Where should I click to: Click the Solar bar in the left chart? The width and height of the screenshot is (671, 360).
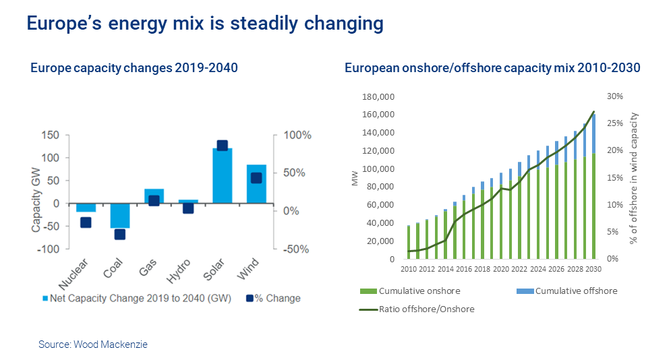point(222,175)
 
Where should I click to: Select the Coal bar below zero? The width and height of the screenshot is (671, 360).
point(120,216)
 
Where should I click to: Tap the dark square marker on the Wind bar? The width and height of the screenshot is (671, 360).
point(256,178)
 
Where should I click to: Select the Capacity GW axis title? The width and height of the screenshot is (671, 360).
point(36,193)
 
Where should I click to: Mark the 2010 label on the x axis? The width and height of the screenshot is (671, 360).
point(408,269)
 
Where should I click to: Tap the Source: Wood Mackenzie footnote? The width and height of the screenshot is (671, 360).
point(93,344)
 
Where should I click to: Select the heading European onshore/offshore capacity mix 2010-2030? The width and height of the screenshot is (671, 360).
point(492,68)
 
